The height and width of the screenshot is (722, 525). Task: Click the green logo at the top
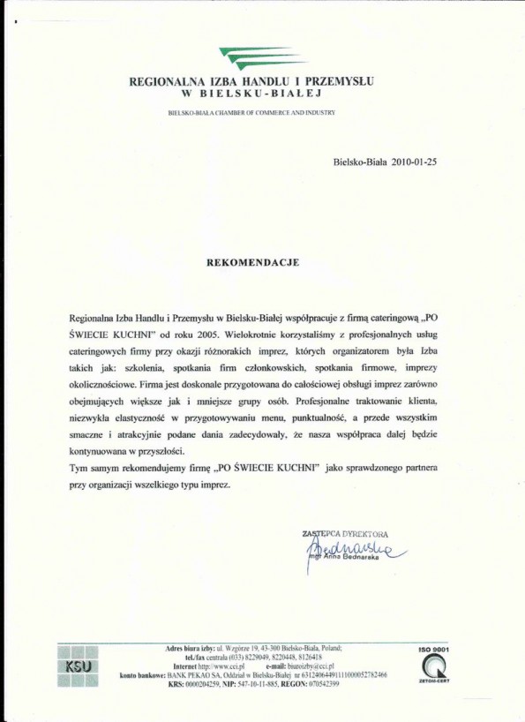[x=259, y=57]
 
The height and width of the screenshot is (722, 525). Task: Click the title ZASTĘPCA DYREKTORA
[x=345, y=534]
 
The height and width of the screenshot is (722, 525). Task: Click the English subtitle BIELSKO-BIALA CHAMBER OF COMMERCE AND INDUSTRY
[x=252, y=114]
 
